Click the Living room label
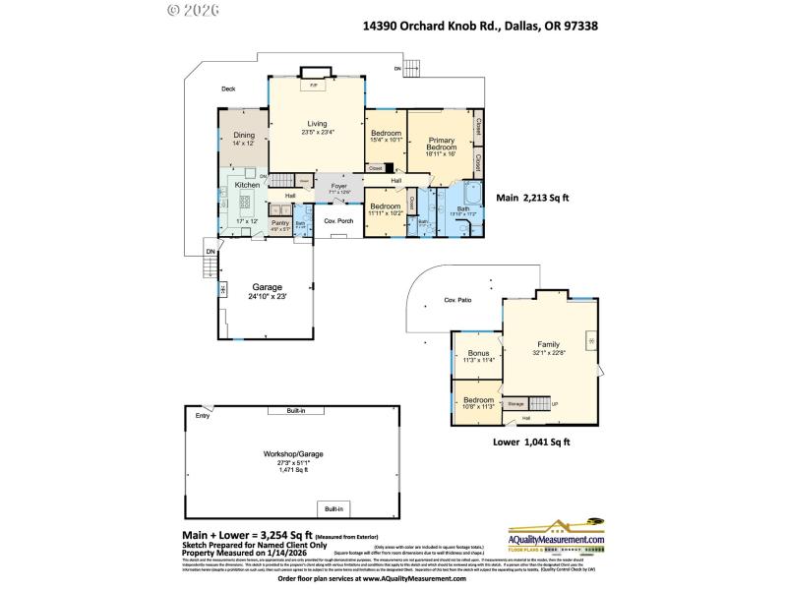pyautogui.click(x=317, y=124)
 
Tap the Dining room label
pyautogui.click(x=243, y=136)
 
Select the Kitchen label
pyautogui.click(x=246, y=184)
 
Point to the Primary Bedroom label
pyautogui.click(x=440, y=142)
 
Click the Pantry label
pyautogui.click(x=280, y=223)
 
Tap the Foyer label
pyautogui.click(x=339, y=186)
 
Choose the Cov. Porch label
pyautogui.click(x=339, y=221)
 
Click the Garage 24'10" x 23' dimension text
pyautogui.click(x=266, y=295)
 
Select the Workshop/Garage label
pyautogui.click(x=292, y=453)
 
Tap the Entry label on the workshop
pyautogui.click(x=203, y=416)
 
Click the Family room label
pyautogui.click(x=548, y=344)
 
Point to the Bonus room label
pyautogui.click(x=479, y=353)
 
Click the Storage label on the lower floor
pyautogui.click(x=515, y=403)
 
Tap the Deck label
pyautogui.click(x=228, y=89)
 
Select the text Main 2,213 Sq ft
pyautogui.click(x=532, y=198)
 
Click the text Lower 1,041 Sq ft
pyautogui.click(x=531, y=442)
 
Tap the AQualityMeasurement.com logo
pyautogui.click(x=555, y=536)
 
